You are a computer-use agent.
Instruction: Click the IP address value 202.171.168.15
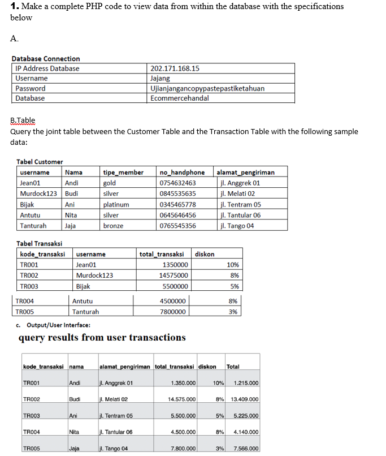coord(175,68)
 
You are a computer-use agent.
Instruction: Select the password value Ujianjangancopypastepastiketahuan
coord(207,88)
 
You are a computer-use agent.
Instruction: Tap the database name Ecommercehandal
coord(180,98)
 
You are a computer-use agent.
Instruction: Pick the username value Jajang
coord(160,79)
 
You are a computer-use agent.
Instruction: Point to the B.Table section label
coord(23,120)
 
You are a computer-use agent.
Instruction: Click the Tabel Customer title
coord(40,162)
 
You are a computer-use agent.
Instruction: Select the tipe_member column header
coord(123,172)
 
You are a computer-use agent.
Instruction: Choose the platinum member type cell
coord(116,204)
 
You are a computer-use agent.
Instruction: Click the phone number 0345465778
coord(178,204)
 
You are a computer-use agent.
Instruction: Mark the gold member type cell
coord(109,183)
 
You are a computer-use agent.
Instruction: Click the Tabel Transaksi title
coord(40,244)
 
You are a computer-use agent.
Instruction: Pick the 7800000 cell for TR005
coord(175,312)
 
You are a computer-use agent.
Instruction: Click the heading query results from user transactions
coord(102,338)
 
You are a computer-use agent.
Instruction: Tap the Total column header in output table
coord(233,367)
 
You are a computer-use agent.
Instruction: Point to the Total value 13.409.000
coord(245,399)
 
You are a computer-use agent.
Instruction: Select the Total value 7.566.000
coord(245,449)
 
